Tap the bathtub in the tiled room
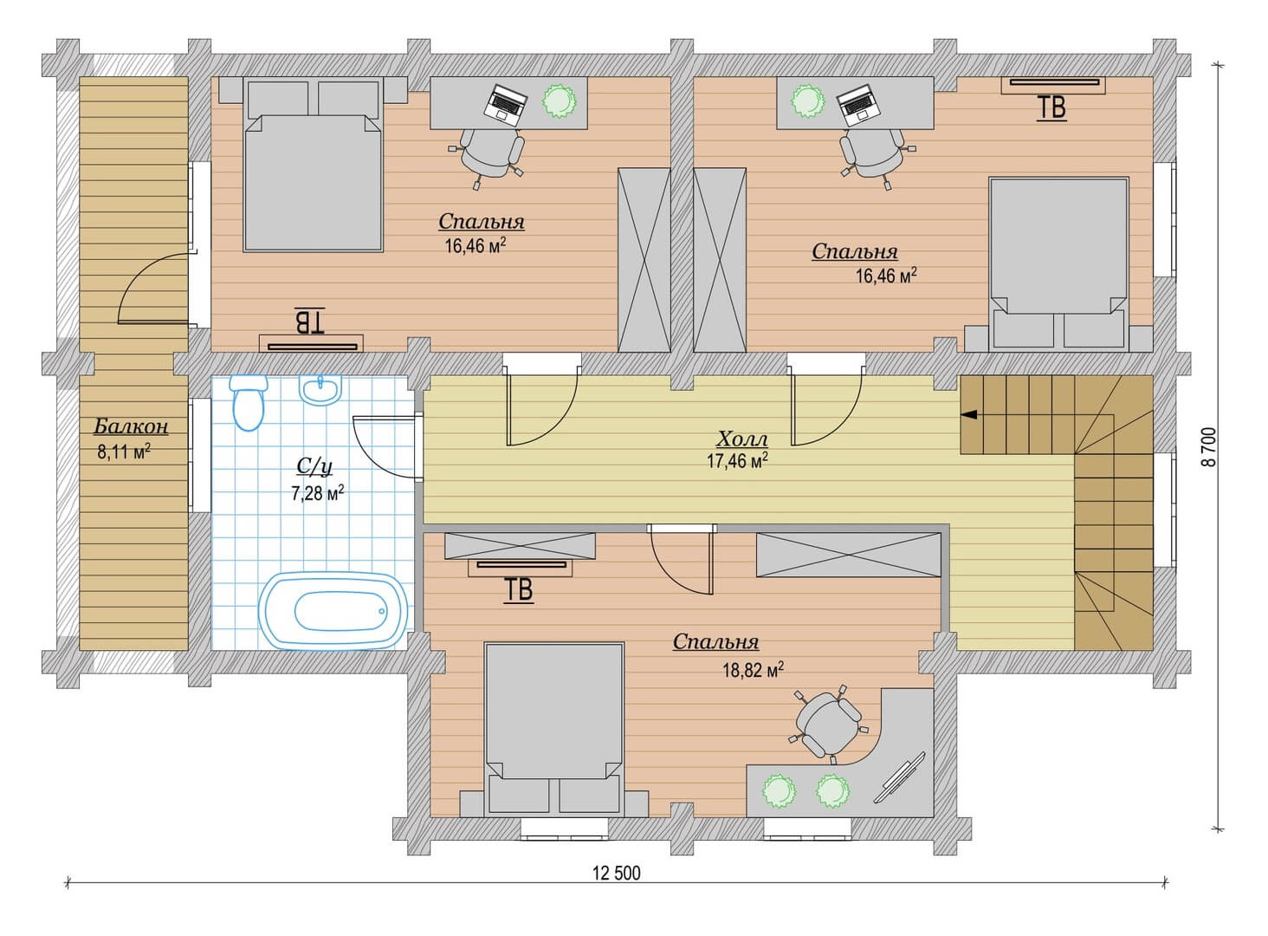pyautogui.click(x=333, y=610)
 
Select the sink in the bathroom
pyautogui.click(x=321, y=390)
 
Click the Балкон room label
pyautogui.click(x=131, y=426)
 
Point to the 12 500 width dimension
pyautogui.click(x=617, y=873)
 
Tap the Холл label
pyautogui.click(x=742, y=439)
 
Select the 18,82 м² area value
pyautogui.click(x=753, y=670)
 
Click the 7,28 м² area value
pyautogui.click(x=318, y=493)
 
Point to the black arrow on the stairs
pyautogui.click(x=969, y=415)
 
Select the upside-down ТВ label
pyautogui.click(x=310, y=321)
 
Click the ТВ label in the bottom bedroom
pyautogui.click(x=519, y=590)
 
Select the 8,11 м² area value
pyautogui.click(x=124, y=452)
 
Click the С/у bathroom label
pyautogui.click(x=314, y=467)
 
